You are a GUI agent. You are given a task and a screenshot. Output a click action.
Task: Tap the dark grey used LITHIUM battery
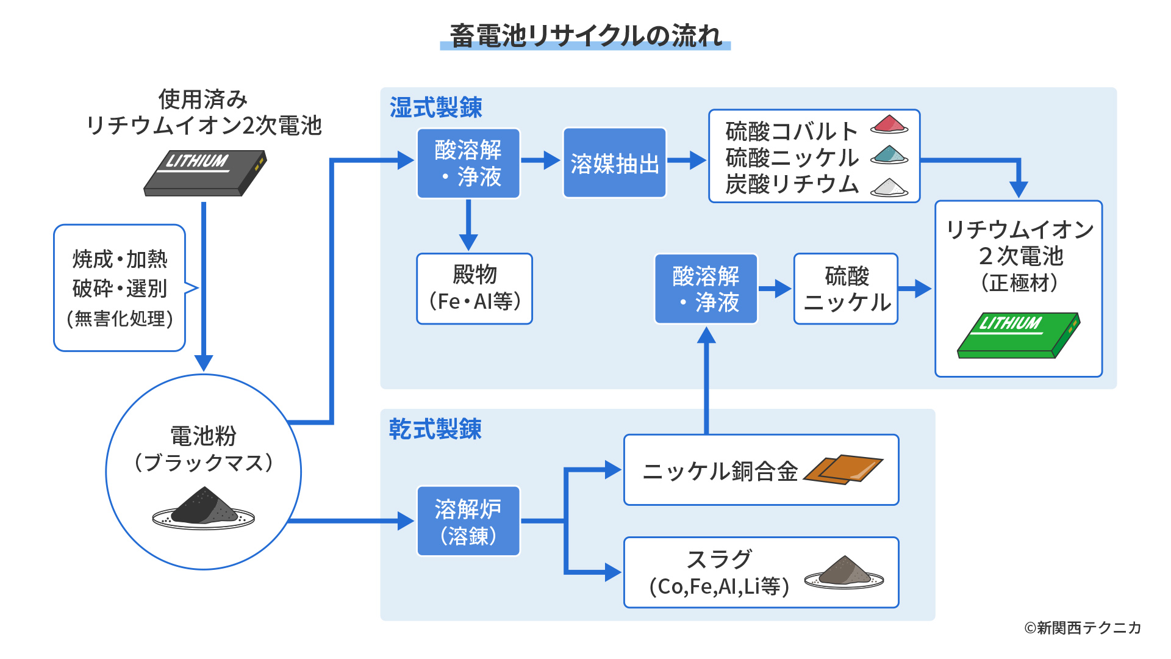coord(205,173)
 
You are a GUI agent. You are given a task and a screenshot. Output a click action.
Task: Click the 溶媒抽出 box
coord(614,163)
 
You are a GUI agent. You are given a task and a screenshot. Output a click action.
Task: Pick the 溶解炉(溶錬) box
coord(468,521)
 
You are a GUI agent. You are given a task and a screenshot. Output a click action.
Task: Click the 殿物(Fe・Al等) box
coord(474,289)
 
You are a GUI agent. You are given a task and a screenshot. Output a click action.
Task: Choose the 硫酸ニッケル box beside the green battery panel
coord(845,289)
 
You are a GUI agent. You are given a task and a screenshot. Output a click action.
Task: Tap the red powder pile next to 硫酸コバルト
coord(889,124)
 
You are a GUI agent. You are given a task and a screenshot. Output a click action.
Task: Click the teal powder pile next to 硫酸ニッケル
coord(889,154)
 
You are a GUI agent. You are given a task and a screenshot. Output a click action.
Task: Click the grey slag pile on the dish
coord(844,572)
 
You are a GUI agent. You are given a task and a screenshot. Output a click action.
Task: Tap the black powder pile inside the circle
coord(203,507)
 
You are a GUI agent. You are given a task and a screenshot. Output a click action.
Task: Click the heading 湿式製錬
coord(435,108)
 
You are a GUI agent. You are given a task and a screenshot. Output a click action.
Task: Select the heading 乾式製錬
coord(435,429)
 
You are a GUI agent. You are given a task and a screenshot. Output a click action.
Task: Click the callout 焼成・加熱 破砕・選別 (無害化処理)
coord(120,288)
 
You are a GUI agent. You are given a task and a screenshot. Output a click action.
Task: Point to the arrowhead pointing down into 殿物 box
coord(468,241)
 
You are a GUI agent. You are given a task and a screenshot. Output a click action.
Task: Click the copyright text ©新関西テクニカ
coord(1082,627)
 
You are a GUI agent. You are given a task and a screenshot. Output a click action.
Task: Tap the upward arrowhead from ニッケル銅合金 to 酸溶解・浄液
coord(706,335)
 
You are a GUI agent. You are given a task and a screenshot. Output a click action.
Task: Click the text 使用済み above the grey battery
coord(202,99)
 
